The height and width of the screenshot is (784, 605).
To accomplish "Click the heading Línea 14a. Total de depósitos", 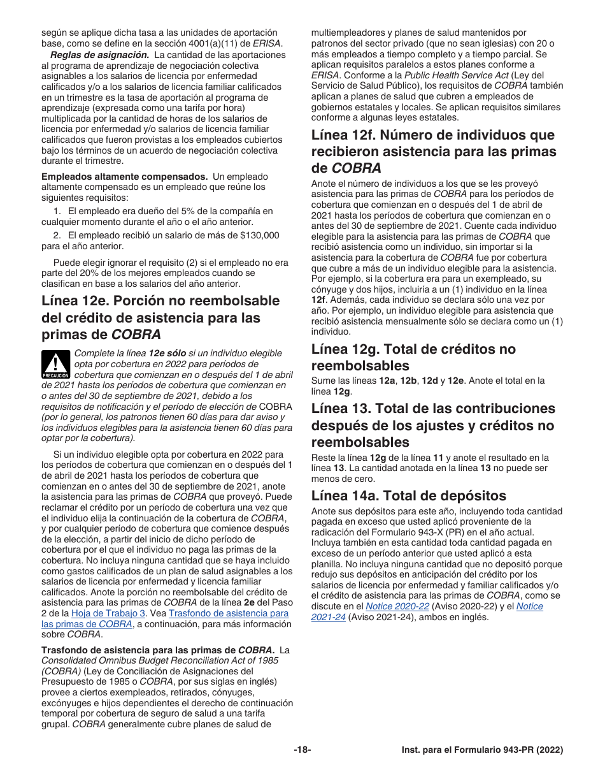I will (x=409, y=495).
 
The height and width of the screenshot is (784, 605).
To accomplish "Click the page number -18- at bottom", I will (x=302, y=750).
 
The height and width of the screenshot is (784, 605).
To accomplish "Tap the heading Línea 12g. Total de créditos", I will (x=413, y=349).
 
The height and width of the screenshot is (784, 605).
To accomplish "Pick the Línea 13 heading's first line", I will (x=433, y=409).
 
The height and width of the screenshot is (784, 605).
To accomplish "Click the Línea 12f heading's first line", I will (x=432, y=134).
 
